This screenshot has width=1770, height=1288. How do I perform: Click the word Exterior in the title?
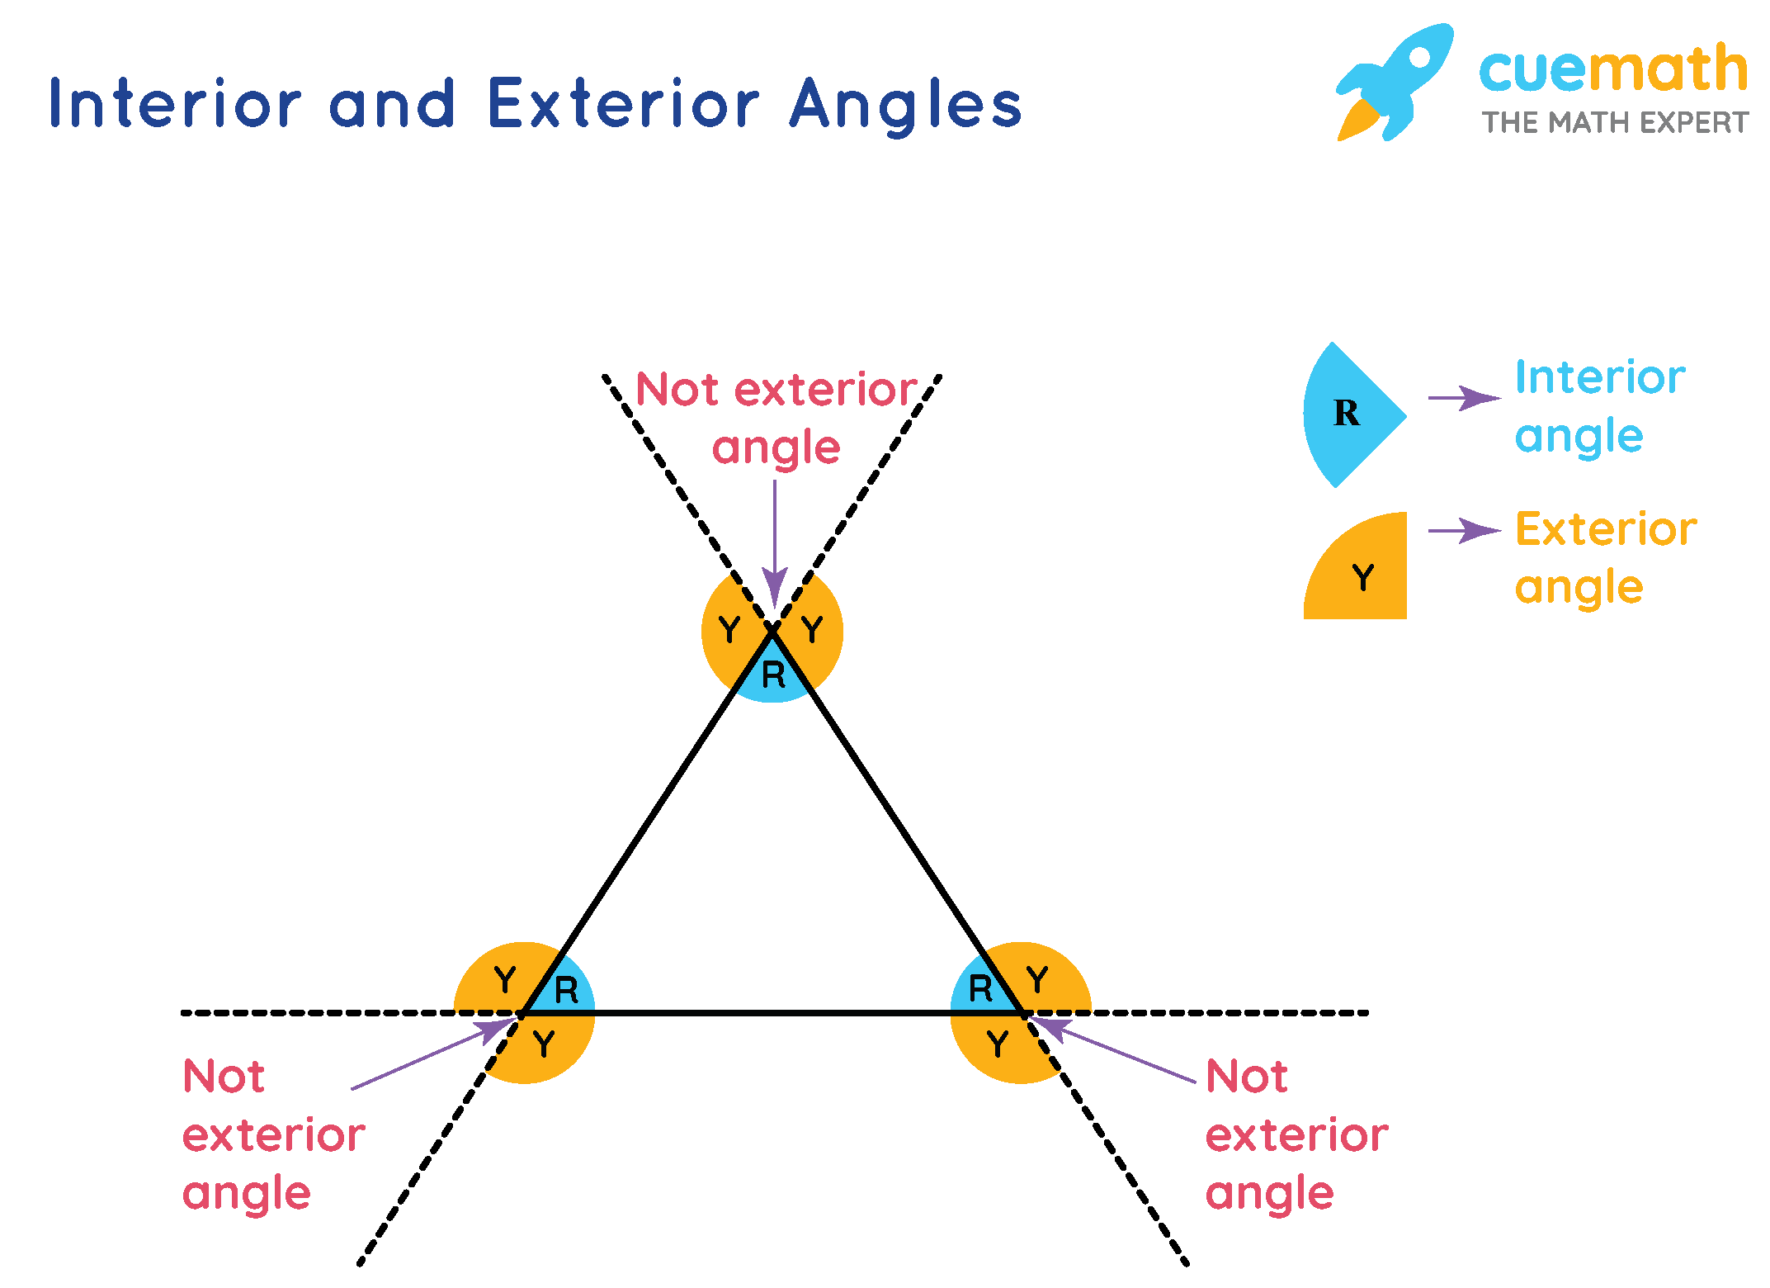(x=623, y=104)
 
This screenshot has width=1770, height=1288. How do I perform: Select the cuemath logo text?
(x=1612, y=69)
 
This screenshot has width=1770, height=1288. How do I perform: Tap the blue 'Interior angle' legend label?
(x=1599, y=406)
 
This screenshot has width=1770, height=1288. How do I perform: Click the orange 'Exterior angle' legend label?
(x=1605, y=557)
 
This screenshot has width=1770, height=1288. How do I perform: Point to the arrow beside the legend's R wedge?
(x=1464, y=398)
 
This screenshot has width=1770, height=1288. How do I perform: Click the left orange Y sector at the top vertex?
(x=727, y=632)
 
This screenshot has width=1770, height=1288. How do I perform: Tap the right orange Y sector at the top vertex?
(x=814, y=632)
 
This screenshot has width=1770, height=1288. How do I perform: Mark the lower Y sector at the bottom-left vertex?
(x=545, y=1045)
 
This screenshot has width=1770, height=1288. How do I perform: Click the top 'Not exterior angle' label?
(x=776, y=418)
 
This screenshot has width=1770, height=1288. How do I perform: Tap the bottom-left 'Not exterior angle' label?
(x=272, y=1135)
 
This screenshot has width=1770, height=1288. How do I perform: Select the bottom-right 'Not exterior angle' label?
(x=1296, y=1135)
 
